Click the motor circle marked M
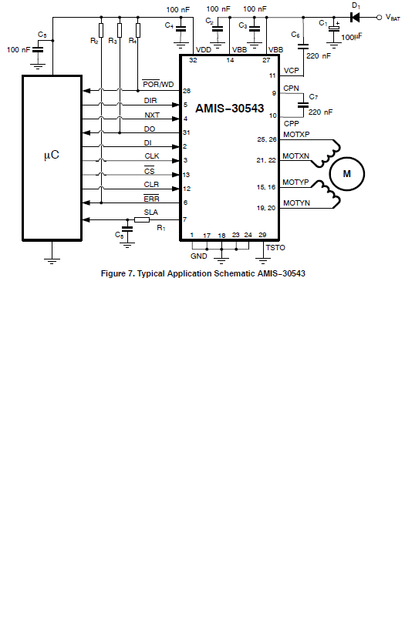(x=346, y=173)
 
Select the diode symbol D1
(x=355, y=18)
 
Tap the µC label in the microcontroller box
(x=52, y=155)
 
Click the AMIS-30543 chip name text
(x=230, y=109)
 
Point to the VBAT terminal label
(x=393, y=18)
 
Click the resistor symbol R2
(x=101, y=31)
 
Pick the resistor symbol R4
(x=138, y=31)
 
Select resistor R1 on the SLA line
(x=142, y=220)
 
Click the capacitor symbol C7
(x=302, y=105)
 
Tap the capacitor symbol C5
(x=38, y=49)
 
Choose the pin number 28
(x=187, y=91)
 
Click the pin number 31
(x=187, y=132)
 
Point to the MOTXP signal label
(x=296, y=135)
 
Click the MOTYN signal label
(x=296, y=203)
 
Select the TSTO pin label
(x=275, y=247)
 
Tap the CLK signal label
(x=152, y=156)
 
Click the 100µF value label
(x=352, y=37)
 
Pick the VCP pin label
(x=292, y=71)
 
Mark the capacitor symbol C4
(x=181, y=29)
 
